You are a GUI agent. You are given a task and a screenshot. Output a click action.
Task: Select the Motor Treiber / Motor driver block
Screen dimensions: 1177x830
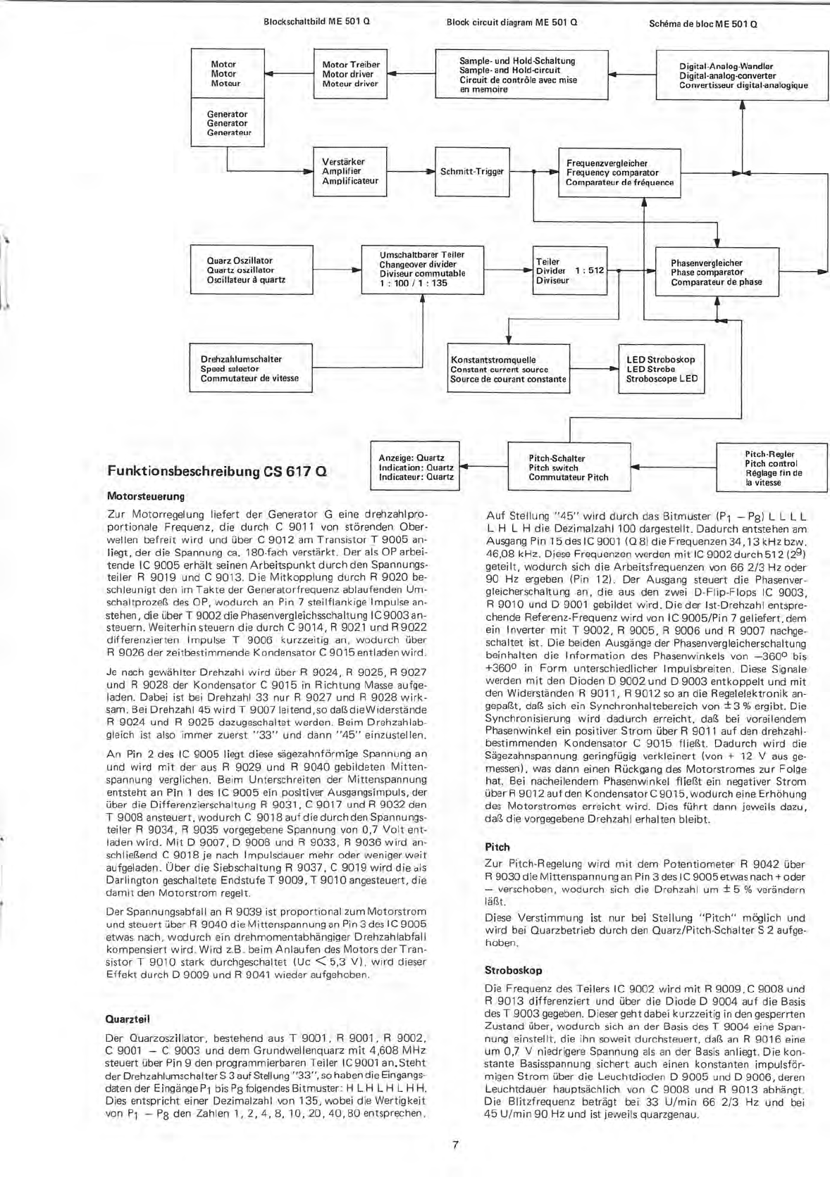tap(350, 74)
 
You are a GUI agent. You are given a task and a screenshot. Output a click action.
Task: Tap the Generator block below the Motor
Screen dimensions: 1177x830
tap(227, 123)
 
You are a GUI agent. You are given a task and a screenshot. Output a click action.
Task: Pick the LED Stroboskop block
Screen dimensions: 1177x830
tap(662, 369)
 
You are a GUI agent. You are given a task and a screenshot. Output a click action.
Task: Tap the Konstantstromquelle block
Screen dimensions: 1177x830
tap(509, 369)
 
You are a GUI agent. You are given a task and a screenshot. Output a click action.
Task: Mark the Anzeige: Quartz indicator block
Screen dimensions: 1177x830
tap(416, 467)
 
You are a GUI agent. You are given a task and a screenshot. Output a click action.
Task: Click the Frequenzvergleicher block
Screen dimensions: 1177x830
tap(620, 172)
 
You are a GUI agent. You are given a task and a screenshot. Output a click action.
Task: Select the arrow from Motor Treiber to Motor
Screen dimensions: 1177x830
tap(288, 74)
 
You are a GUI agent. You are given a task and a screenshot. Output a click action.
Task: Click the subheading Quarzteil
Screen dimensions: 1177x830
tap(128, 1019)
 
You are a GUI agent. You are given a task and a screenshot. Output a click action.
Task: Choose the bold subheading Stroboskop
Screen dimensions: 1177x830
tap(514, 970)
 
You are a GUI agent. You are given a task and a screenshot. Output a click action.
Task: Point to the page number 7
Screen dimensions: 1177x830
tap(455, 1145)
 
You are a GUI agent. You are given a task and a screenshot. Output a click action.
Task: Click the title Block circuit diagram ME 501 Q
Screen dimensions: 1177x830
tap(512, 22)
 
